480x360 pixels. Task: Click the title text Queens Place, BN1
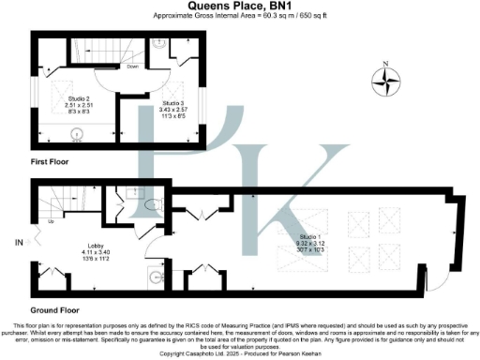(x=239, y=6)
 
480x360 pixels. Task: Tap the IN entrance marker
(x=18, y=242)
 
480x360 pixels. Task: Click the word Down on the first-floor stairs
(x=134, y=67)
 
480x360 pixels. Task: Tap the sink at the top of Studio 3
(x=160, y=43)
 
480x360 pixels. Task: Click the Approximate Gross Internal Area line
(x=239, y=16)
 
